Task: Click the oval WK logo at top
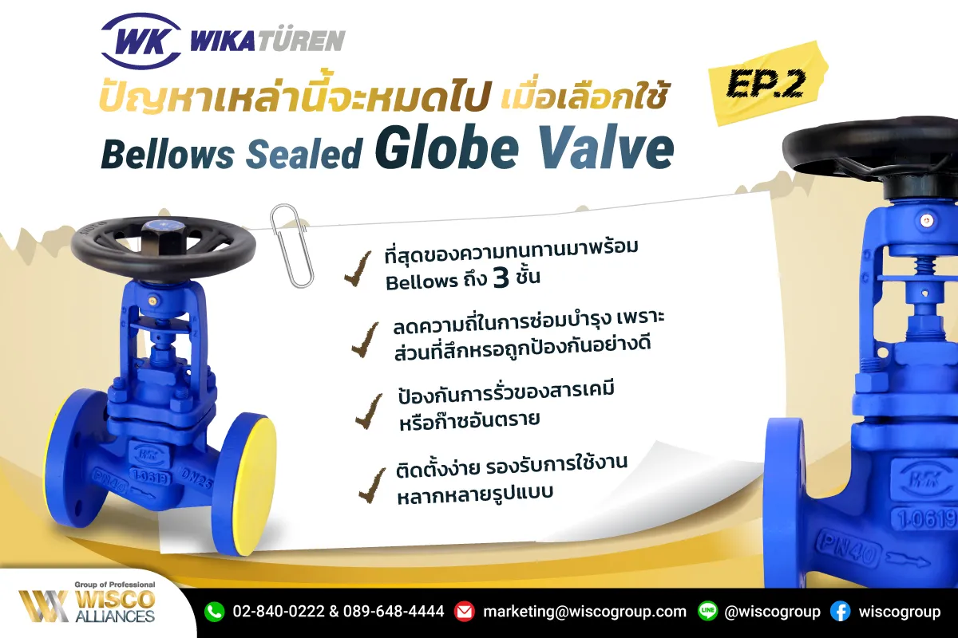[x=141, y=41]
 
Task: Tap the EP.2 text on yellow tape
[x=765, y=85]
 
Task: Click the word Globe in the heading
[x=447, y=148]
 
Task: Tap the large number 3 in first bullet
[x=501, y=278]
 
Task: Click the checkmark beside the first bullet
[x=358, y=269]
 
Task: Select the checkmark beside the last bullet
[x=372, y=486]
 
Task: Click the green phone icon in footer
[x=214, y=612]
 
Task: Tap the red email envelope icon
[x=464, y=612]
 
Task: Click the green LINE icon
[x=708, y=612]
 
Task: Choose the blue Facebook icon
[x=841, y=612]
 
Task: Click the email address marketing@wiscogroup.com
[x=584, y=612]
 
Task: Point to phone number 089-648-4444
[x=394, y=612]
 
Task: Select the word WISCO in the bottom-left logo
[x=116, y=600]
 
